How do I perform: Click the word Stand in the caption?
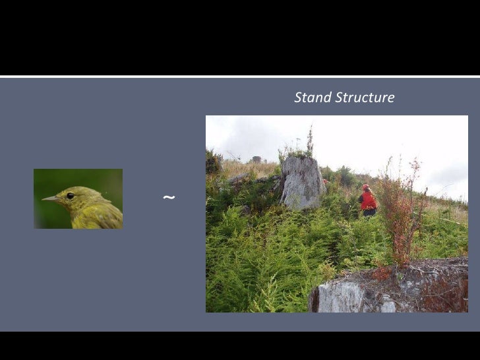pyautogui.click(x=313, y=98)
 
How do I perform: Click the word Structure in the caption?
pyautogui.click(x=365, y=98)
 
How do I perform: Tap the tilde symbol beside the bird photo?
pyautogui.click(x=169, y=197)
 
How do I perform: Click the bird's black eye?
pyautogui.click(x=70, y=195)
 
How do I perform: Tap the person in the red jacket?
pyautogui.click(x=368, y=200)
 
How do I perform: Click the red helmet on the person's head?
pyautogui.click(x=365, y=187)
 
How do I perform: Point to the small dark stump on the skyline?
pyautogui.click(x=256, y=159)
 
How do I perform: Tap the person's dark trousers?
pyautogui.click(x=369, y=212)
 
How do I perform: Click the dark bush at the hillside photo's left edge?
pyautogui.click(x=213, y=162)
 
